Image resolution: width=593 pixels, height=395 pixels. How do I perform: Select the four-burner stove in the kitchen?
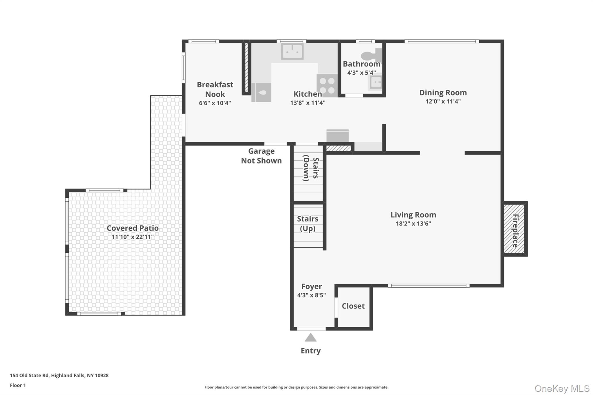click(x=327, y=85)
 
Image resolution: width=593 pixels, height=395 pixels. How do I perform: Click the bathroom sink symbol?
click(x=376, y=83)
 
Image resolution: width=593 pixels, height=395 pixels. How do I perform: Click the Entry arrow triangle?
click(x=311, y=338)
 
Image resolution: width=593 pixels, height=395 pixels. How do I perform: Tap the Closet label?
click(x=353, y=306)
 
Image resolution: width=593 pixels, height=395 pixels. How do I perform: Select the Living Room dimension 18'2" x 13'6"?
click(x=413, y=223)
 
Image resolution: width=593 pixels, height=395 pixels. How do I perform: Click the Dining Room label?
click(x=443, y=93)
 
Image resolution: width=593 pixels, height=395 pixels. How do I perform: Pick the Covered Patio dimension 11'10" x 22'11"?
click(x=133, y=237)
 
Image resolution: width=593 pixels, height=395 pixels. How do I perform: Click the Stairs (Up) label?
click(x=308, y=224)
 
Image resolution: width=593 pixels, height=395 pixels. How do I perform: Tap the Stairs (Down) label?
click(x=311, y=168)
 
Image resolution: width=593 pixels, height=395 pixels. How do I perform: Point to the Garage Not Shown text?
click(x=261, y=156)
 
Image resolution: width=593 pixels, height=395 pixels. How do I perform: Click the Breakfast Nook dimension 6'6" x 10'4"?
click(x=215, y=103)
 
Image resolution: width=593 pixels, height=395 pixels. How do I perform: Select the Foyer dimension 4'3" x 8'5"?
click(x=312, y=295)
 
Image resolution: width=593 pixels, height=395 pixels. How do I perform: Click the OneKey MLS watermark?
click(x=562, y=388)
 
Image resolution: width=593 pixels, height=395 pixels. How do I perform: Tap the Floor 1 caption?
click(x=18, y=385)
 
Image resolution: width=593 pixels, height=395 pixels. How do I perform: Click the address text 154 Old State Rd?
click(x=59, y=375)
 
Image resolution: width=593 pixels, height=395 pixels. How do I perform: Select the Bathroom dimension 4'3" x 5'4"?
click(x=361, y=73)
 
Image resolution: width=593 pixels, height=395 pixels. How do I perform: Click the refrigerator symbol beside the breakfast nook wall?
click(x=261, y=92)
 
